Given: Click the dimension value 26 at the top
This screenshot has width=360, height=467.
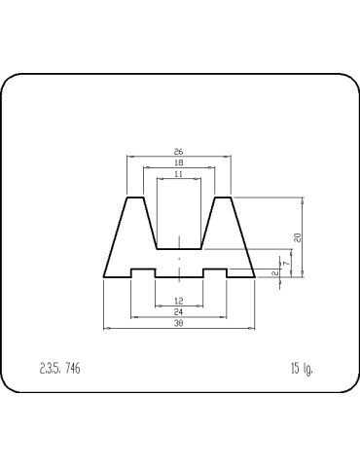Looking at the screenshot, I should click(179, 152).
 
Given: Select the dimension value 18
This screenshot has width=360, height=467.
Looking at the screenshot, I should click(179, 162).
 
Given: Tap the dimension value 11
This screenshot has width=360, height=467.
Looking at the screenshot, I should click(179, 173).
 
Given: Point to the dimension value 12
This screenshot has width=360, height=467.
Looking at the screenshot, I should click(179, 301).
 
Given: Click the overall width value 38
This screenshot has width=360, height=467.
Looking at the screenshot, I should click(179, 323).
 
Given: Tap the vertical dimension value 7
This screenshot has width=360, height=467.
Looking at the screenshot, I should click(286, 263).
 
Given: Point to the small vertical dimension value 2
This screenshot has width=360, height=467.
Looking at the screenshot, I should click(275, 272).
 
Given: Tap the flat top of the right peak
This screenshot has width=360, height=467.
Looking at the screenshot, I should click(223, 198).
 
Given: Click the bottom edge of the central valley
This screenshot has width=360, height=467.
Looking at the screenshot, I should click(179, 249).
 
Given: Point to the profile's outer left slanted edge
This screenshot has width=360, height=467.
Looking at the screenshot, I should click(116, 238).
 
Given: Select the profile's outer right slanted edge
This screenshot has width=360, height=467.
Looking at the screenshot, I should click(243, 238).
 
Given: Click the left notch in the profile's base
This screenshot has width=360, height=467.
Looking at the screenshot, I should click(143, 270).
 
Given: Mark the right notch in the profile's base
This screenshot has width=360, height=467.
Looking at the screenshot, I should click(215, 270).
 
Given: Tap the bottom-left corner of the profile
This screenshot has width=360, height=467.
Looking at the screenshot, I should click(104, 277).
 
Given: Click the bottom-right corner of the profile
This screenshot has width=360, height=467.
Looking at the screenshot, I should click(255, 277).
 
